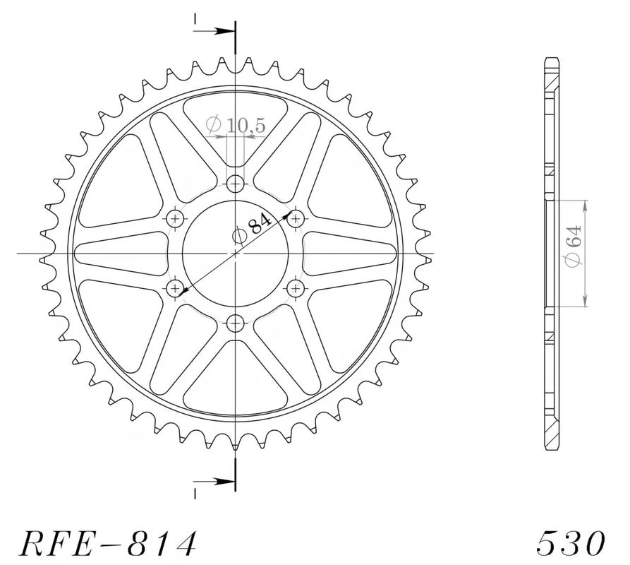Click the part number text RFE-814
point(108,543)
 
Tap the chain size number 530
point(571,543)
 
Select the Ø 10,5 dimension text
point(236,125)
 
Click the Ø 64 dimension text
point(573,245)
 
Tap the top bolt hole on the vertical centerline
point(236,184)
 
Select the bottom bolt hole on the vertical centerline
point(236,322)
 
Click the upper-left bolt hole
point(176,219)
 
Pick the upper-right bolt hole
point(296,219)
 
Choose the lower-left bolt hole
point(176,288)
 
